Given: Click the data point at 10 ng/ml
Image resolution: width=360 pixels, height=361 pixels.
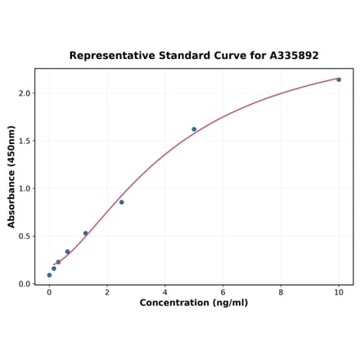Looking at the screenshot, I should pos(339,79).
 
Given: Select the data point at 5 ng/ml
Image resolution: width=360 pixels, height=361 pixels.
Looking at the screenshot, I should pos(194,129).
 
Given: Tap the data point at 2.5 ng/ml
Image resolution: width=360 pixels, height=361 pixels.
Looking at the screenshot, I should pos(121,202).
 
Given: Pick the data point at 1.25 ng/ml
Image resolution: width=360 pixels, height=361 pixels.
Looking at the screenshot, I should pos(85,233).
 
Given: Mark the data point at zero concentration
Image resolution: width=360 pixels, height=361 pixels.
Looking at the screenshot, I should pos(49,275).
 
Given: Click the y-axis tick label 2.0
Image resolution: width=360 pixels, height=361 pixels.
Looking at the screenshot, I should pos(24,93).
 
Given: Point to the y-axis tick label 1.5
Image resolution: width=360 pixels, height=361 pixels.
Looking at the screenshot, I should pos(24,141).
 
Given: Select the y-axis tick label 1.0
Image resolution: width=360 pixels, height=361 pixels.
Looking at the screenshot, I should pos(24,188).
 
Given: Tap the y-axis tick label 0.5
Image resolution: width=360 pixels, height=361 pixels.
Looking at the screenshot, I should pos(24,237).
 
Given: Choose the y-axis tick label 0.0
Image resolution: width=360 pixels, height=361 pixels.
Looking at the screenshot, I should pos(24,284).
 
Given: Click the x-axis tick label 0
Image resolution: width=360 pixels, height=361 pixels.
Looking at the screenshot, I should pos(49,292).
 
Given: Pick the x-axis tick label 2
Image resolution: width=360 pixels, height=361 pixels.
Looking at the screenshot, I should pos(107,292).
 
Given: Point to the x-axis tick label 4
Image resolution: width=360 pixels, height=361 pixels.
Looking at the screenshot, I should pos(165,292).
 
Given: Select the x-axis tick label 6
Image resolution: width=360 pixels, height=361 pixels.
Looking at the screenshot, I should pos(223,292).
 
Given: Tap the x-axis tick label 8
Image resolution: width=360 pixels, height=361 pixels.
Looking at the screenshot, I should pos(281,292).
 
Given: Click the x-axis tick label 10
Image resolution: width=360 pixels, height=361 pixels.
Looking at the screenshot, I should pos(339,292).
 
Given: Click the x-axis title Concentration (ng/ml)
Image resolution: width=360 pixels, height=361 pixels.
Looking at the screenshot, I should pos(194,304).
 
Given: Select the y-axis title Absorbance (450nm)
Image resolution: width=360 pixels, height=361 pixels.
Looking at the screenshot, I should pos(11,176).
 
